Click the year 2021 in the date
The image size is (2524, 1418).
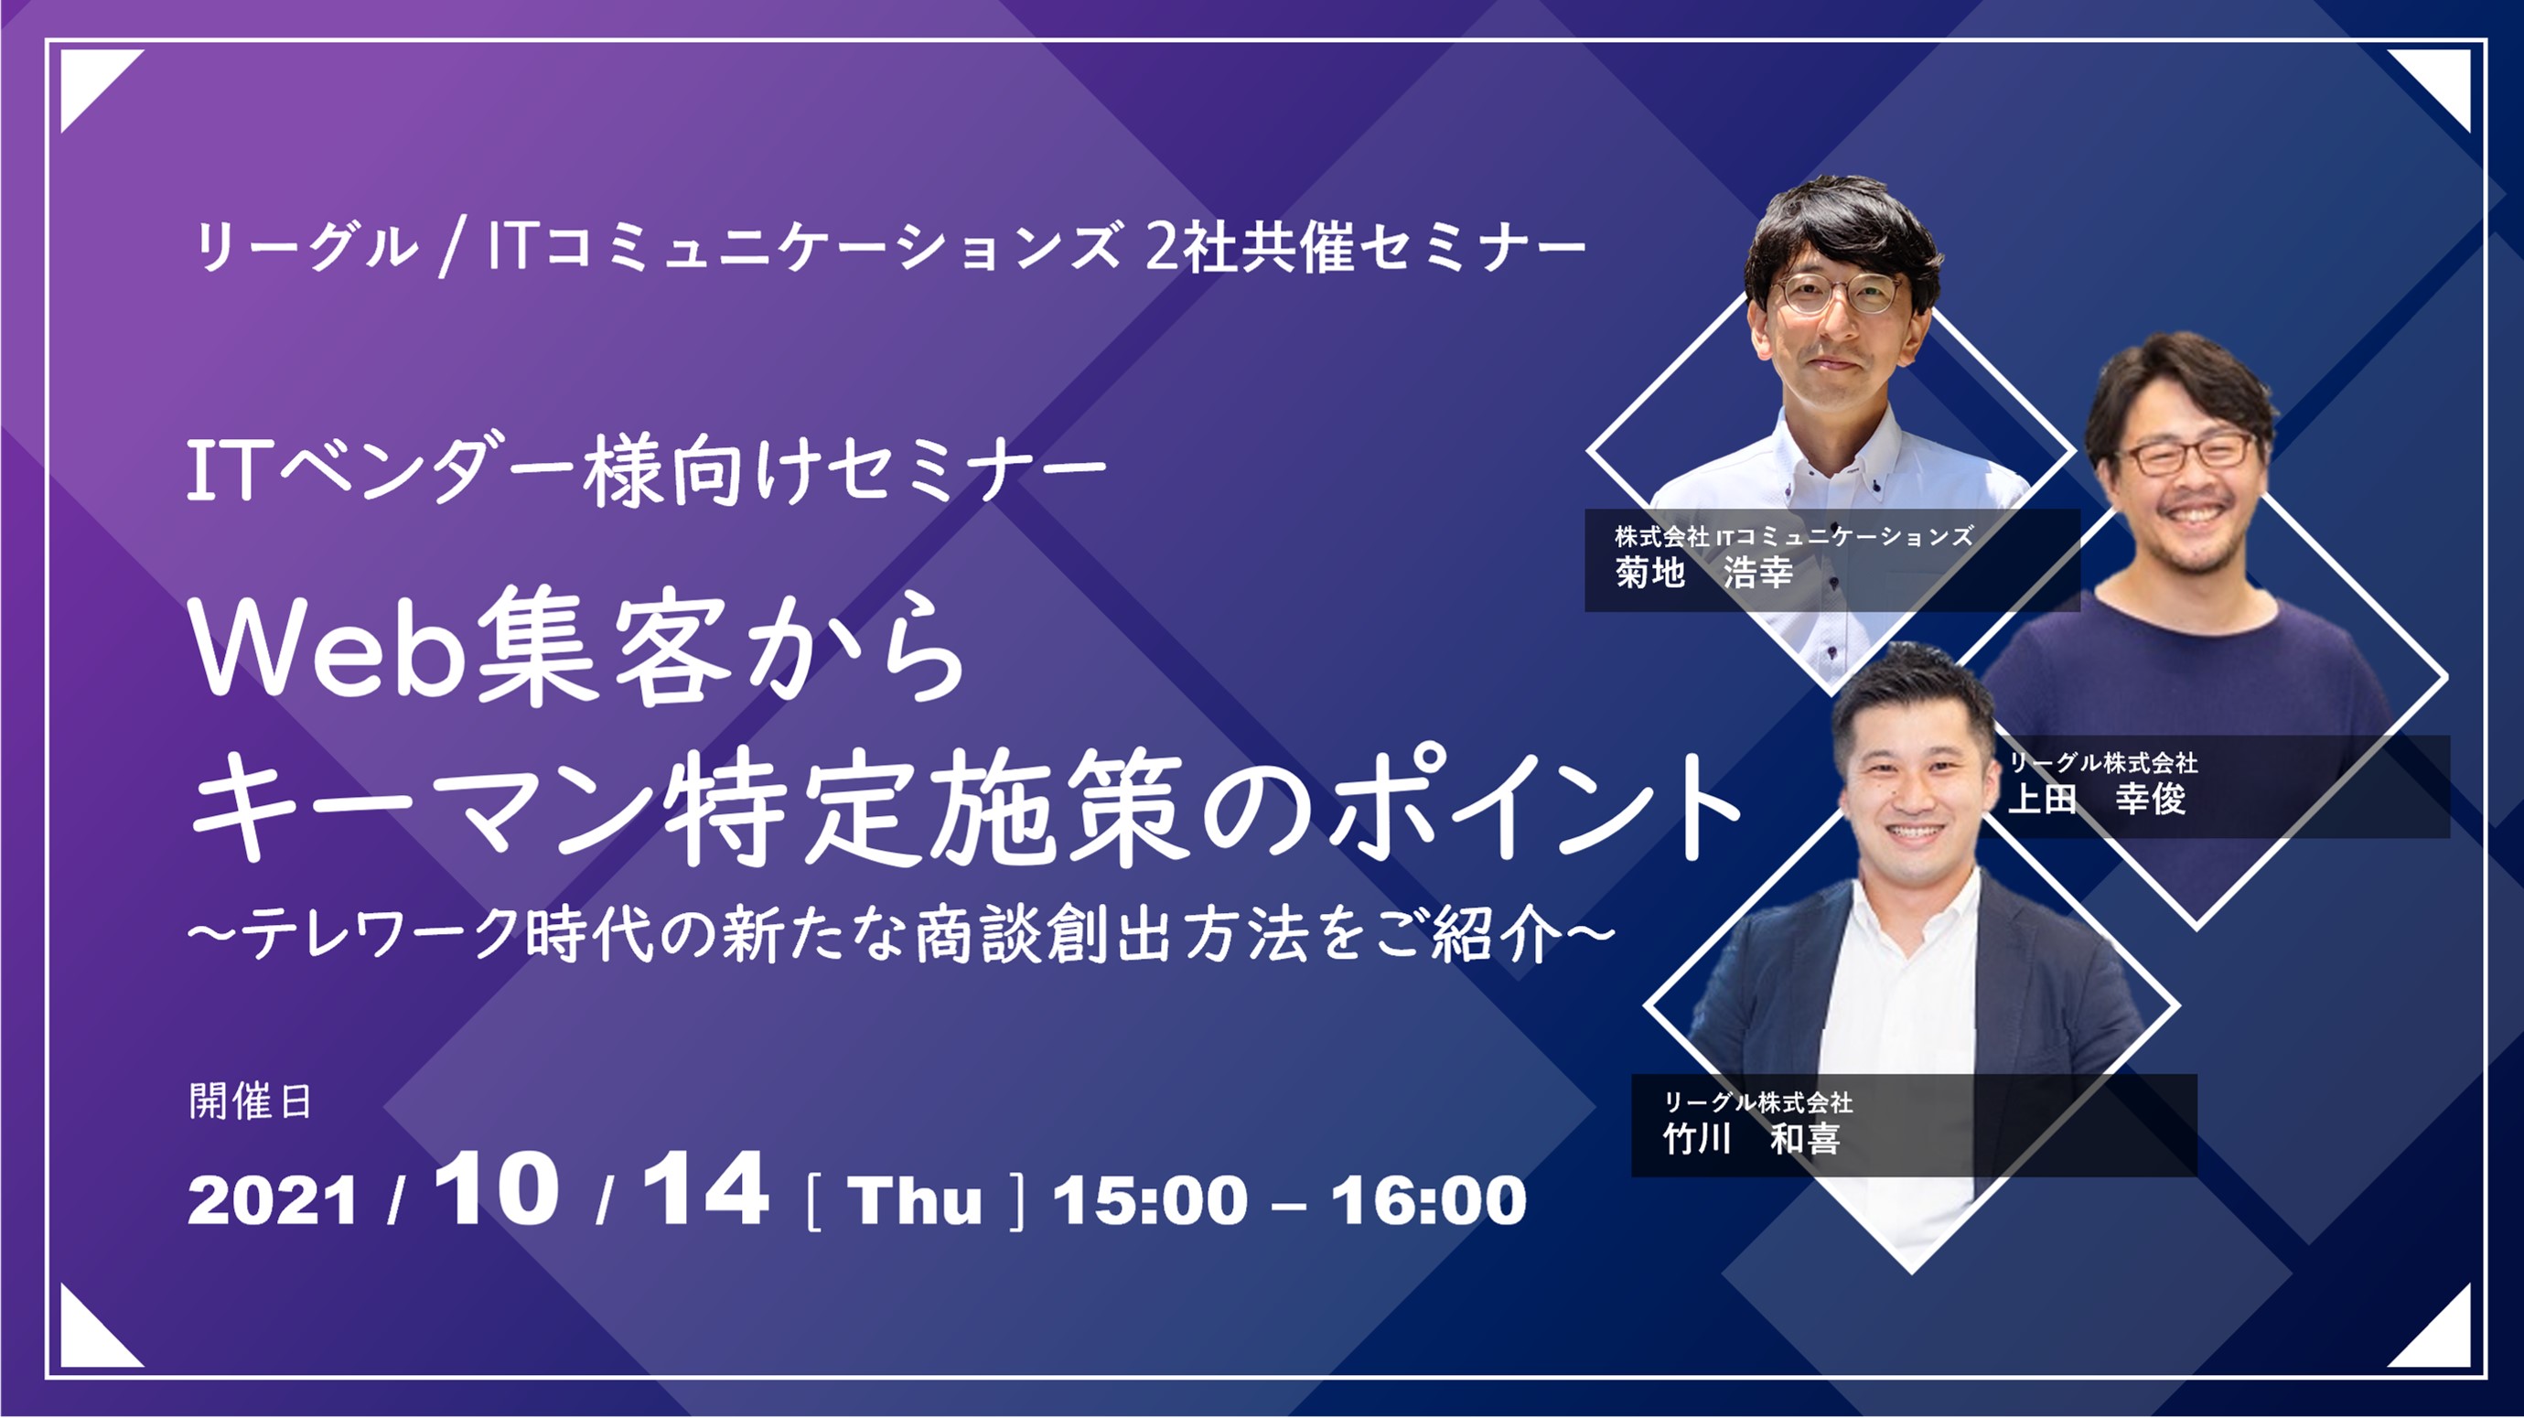273,1201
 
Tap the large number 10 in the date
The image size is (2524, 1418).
497,1188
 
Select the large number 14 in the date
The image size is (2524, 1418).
705,1188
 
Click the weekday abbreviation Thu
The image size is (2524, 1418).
914,1200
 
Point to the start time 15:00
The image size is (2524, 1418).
1150,1200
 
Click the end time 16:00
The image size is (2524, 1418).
1429,1200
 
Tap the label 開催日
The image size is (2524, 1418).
250,1102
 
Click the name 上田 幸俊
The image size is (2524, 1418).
2097,799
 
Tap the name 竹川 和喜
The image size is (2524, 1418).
1752,1139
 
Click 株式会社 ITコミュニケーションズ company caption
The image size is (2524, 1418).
1794,536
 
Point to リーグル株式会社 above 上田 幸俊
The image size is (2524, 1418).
2102,762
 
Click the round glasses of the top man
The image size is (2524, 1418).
1839,293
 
